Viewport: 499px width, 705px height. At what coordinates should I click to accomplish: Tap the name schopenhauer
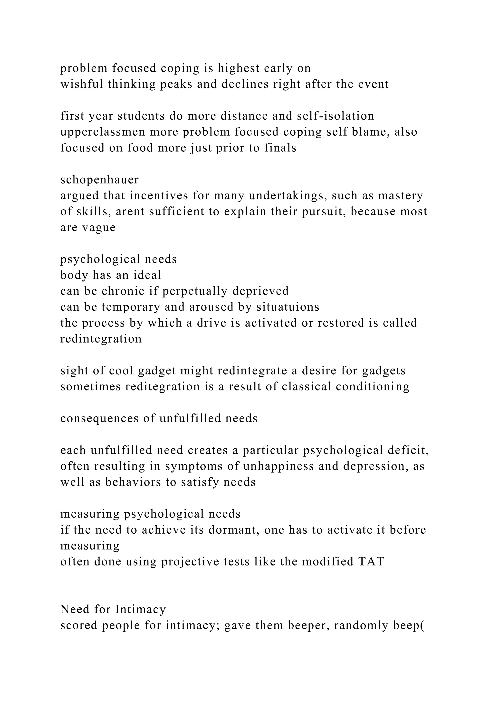[x=100, y=180]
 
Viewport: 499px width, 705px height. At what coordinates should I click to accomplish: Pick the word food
[x=139, y=148]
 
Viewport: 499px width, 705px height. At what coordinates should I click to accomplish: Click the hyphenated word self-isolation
[x=336, y=116]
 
